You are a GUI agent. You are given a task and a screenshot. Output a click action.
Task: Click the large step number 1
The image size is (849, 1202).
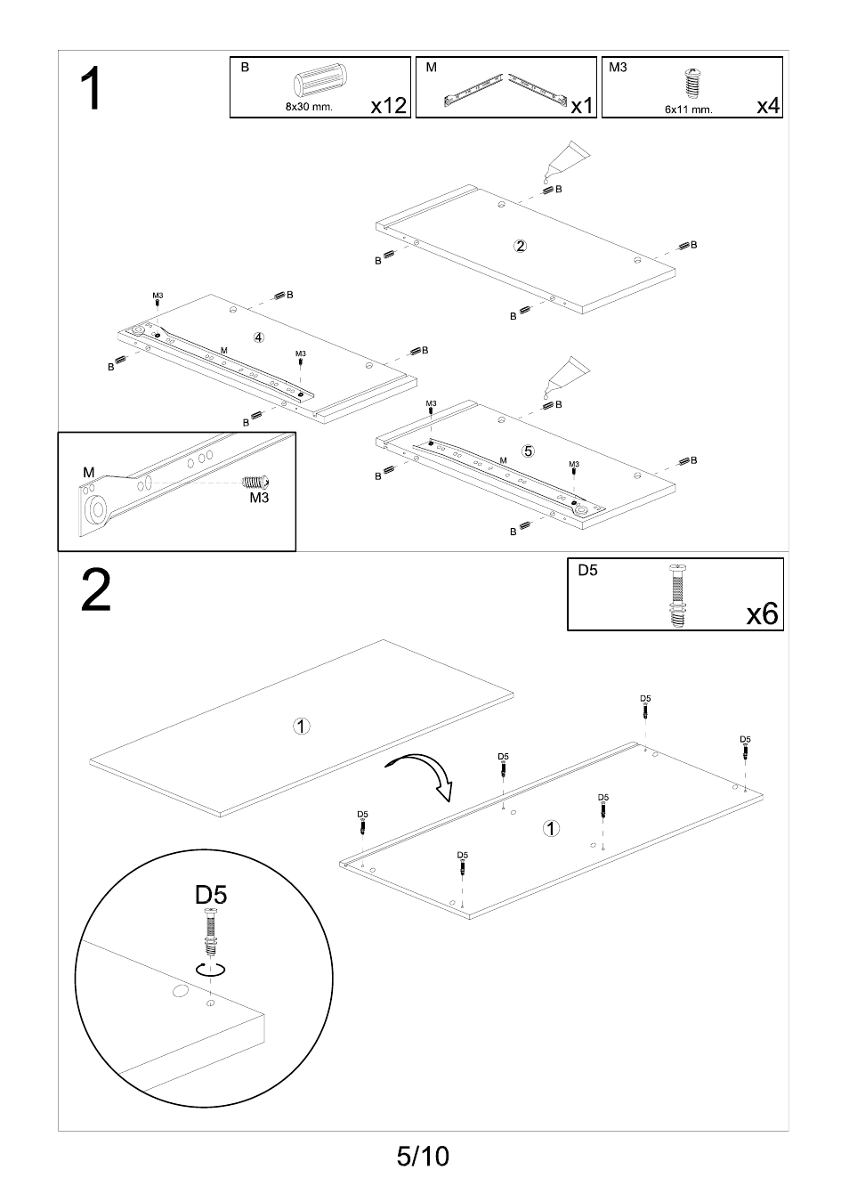click(91, 91)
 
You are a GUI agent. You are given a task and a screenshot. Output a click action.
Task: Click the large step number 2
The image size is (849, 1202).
click(96, 591)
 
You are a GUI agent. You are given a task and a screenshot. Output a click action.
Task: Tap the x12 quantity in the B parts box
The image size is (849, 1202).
click(388, 106)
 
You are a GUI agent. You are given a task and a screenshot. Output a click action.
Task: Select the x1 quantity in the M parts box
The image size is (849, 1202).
click(581, 106)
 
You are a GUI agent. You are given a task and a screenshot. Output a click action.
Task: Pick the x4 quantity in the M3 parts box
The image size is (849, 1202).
click(768, 106)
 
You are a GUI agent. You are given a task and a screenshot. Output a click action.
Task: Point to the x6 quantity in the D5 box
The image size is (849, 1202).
click(763, 613)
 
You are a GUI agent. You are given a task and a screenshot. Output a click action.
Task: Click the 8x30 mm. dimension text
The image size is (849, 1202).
click(309, 107)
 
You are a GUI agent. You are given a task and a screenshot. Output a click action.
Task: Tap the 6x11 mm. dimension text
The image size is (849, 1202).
click(688, 110)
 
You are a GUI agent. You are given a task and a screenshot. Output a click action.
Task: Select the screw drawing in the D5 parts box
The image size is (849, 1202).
click(676, 596)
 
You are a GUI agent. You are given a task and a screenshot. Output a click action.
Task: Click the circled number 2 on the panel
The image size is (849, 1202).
click(521, 246)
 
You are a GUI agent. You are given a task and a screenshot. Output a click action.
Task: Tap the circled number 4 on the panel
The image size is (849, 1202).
click(258, 337)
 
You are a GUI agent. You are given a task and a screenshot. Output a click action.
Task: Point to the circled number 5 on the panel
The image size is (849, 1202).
click(528, 451)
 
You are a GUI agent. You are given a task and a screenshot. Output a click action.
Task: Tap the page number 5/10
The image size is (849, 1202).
click(424, 1156)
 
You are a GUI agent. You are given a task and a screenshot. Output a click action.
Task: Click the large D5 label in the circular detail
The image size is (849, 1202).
click(211, 894)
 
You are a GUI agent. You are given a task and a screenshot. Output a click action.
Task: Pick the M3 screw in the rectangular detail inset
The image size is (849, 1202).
click(254, 482)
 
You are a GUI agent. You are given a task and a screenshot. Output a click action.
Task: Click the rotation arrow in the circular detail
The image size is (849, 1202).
click(213, 971)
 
